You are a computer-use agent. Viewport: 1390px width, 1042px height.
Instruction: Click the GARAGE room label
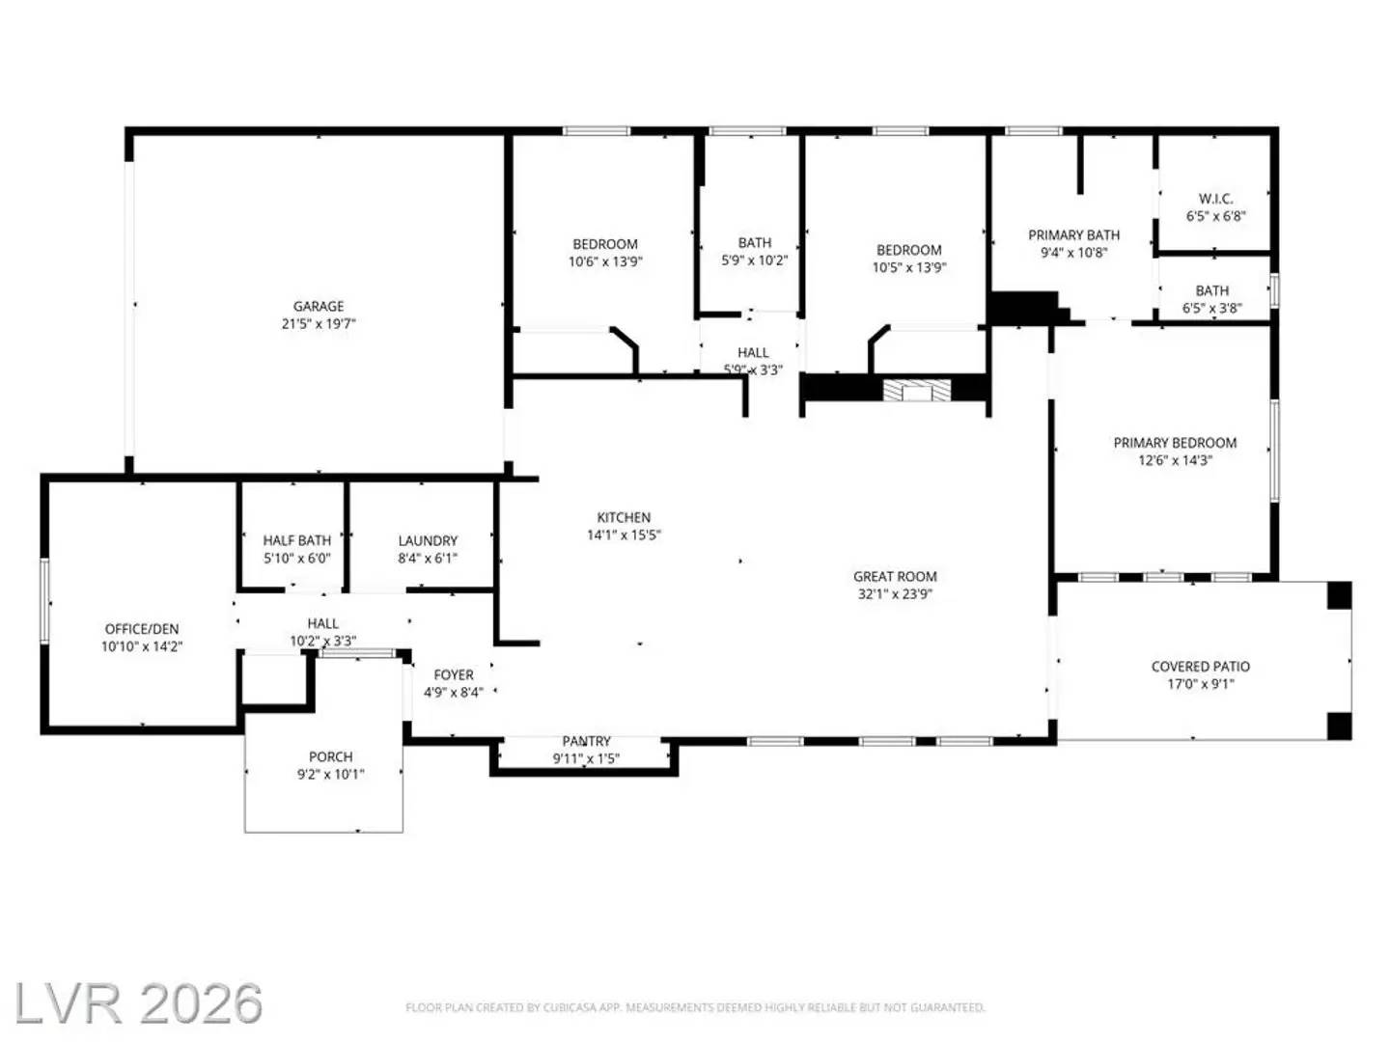point(319,306)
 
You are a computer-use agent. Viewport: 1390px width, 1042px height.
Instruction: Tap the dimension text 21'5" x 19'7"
point(319,324)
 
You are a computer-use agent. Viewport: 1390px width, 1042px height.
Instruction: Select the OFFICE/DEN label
point(142,629)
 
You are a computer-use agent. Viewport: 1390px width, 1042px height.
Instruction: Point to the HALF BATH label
point(297,540)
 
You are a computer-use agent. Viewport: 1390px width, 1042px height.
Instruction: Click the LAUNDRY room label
point(428,540)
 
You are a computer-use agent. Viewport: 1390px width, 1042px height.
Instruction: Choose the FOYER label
point(454,674)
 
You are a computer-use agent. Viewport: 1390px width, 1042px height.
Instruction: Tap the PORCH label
point(330,756)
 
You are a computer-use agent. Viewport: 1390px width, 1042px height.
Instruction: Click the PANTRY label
point(586,741)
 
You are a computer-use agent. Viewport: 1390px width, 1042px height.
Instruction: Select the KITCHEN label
point(624,517)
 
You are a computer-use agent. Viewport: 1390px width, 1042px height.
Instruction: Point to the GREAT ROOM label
point(895,576)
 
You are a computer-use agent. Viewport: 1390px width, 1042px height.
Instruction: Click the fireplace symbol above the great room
point(917,391)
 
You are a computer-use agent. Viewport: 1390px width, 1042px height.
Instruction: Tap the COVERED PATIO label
point(1200,666)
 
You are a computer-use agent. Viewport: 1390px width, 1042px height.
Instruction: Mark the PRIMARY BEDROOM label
point(1175,443)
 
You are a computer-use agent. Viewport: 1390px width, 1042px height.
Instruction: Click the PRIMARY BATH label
point(1073,234)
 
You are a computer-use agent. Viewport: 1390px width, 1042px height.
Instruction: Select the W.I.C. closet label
point(1215,199)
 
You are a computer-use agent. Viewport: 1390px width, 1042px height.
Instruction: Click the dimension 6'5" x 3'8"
point(1212,309)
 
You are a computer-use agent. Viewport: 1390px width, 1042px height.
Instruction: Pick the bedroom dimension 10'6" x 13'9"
point(605,261)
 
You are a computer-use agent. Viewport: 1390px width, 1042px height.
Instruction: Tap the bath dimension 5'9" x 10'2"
point(755,260)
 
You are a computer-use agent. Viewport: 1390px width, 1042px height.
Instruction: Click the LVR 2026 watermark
point(138,1004)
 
